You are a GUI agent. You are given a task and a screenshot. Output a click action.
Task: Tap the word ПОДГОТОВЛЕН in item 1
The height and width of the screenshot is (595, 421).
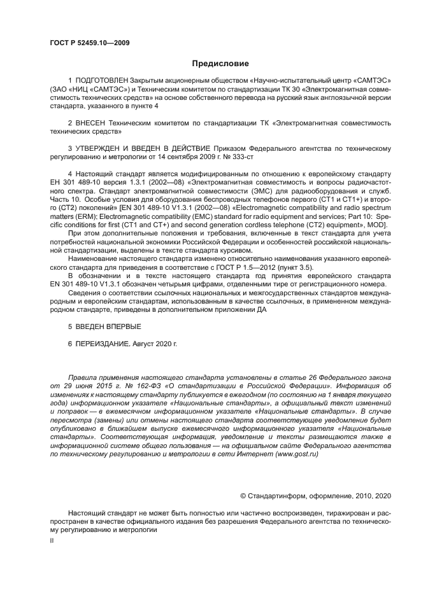102,83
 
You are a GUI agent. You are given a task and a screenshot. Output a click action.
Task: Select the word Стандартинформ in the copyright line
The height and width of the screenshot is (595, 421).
275,494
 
